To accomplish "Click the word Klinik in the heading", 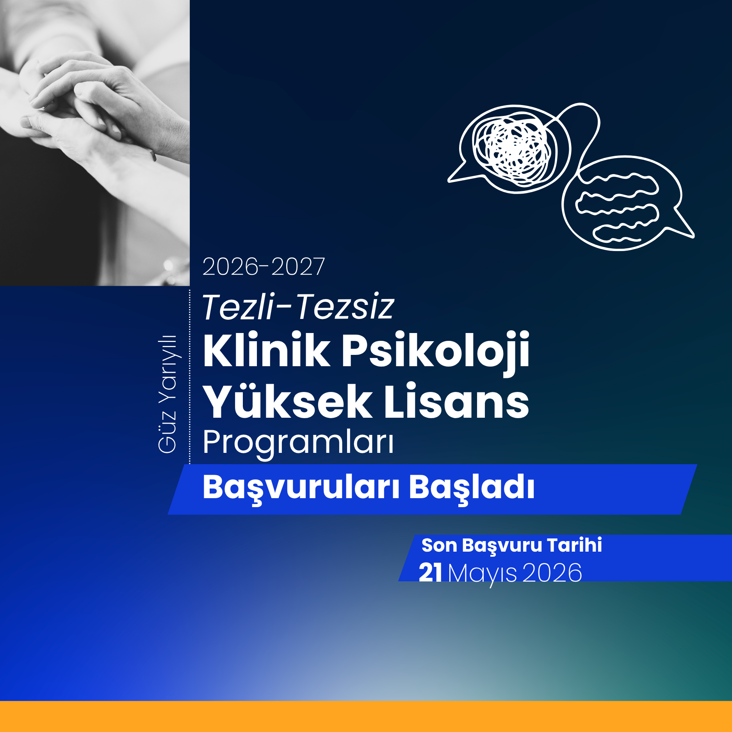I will [266, 350].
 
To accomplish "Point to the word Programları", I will [298, 443].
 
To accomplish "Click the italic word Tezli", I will [238, 307].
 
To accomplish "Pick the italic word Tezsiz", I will [345, 307].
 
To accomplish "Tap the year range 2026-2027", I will [264, 267].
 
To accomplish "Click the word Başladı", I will [471, 488].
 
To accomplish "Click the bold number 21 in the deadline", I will [430, 573].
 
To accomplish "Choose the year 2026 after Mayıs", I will [552, 573].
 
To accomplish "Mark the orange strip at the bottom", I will [366, 716].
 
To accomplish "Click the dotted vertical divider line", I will [190, 377].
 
